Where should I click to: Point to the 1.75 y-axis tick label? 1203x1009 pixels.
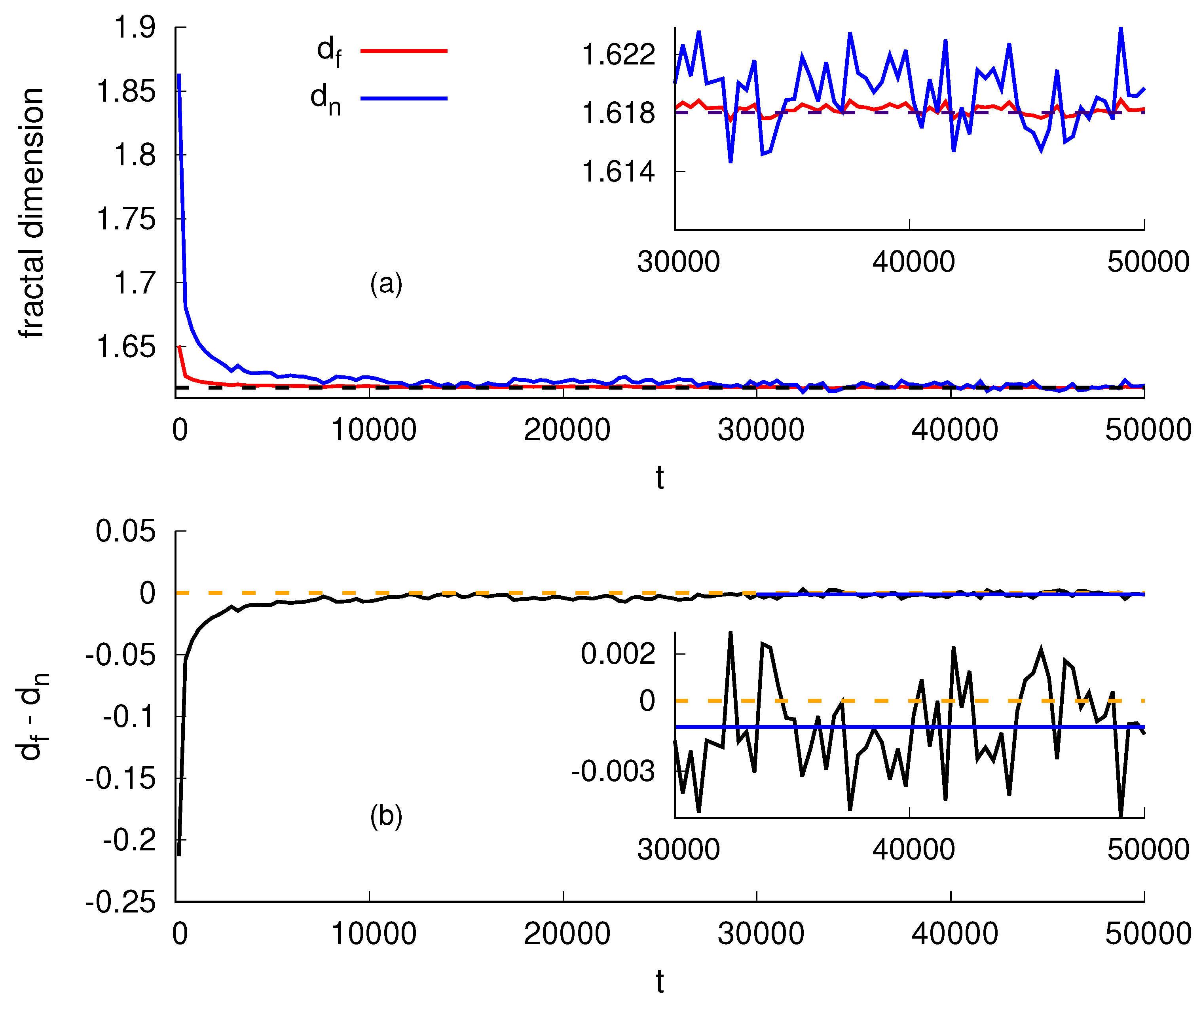[x=126, y=220]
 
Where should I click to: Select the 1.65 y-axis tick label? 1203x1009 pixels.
[x=126, y=347]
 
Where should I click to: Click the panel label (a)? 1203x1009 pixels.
[x=386, y=284]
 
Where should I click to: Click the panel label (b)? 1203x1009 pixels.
[x=386, y=816]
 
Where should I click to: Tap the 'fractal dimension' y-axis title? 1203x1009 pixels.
[x=32, y=213]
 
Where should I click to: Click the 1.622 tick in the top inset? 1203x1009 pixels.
[x=618, y=55]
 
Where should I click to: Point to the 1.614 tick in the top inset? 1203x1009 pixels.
[x=618, y=172]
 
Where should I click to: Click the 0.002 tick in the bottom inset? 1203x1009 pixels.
[x=618, y=654]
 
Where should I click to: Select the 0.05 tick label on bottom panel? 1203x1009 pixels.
[x=125, y=532]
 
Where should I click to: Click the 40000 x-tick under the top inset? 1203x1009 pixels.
[x=914, y=262]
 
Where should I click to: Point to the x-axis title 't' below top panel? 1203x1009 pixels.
[x=660, y=478]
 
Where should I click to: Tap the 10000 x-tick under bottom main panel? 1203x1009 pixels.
[x=374, y=934]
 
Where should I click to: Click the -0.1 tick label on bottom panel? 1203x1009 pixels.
[x=129, y=717]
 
